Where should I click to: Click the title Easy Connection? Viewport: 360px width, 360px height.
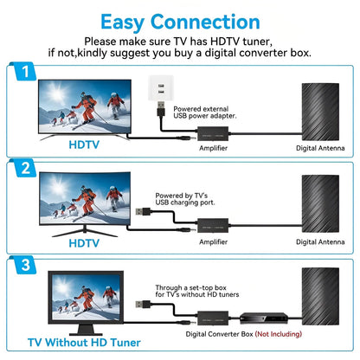click(179, 22)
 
